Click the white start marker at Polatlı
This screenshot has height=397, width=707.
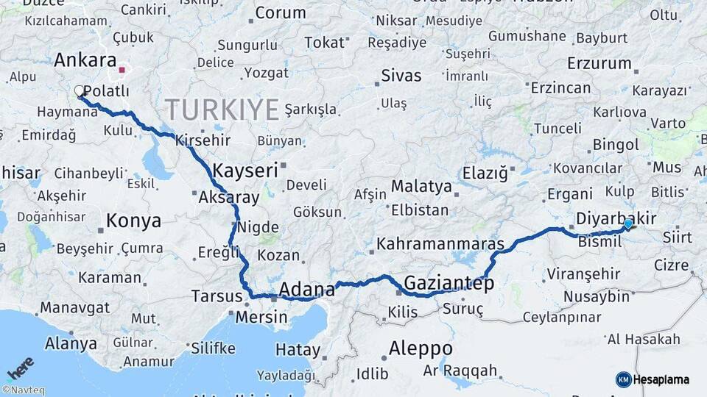[80, 91]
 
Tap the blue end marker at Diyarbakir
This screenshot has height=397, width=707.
[627, 223]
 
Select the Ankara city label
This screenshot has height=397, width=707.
[85, 60]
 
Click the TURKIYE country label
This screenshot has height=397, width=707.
[222, 110]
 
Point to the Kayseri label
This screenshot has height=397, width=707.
[245, 171]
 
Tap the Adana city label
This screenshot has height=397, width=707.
[306, 289]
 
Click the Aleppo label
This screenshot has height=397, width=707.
[421, 347]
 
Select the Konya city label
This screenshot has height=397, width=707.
[133, 220]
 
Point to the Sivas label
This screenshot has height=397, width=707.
[401, 76]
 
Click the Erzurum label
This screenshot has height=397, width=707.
[599, 63]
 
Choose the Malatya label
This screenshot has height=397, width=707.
[421, 186]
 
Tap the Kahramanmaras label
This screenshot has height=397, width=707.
[440, 243]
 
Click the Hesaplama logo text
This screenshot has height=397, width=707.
[661, 379]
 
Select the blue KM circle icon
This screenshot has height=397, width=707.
[623, 379]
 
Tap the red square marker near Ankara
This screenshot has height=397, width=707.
[122, 71]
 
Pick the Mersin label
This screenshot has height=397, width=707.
[261, 317]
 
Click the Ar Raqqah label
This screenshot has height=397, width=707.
[460, 371]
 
